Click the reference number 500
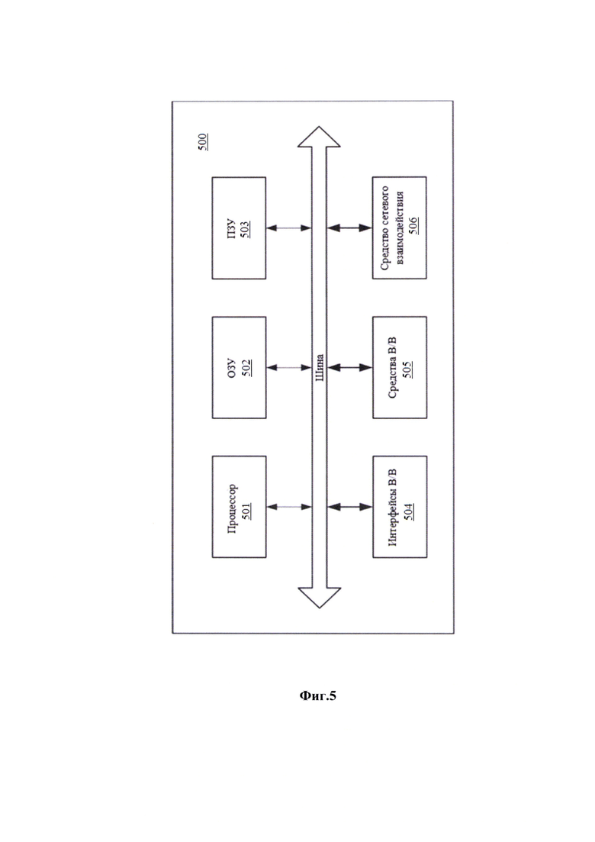pyautogui.click(x=203, y=142)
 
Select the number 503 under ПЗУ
pyautogui.click(x=245, y=228)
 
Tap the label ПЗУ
pyautogui.click(x=232, y=228)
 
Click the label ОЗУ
pyautogui.click(x=232, y=368)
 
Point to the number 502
pyautogui.click(x=246, y=368)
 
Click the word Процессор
pyautogui.click(x=232, y=508)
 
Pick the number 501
pyautogui.click(x=246, y=508)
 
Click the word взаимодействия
pyautogui.click(x=400, y=227)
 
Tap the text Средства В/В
pyautogui.click(x=392, y=367)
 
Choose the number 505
pyautogui.click(x=407, y=369)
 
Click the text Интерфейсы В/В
pyautogui.click(x=392, y=508)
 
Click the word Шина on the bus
pyautogui.click(x=320, y=367)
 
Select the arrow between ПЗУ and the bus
pyautogui.click(x=288, y=227)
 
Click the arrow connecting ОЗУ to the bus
pyautogui.click(x=288, y=368)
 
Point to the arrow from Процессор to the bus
pyautogui.click(x=288, y=507)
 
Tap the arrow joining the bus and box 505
pyautogui.click(x=350, y=368)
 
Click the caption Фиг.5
pyautogui.click(x=317, y=696)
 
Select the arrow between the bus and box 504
pyautogui.click(x=350, y=507)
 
